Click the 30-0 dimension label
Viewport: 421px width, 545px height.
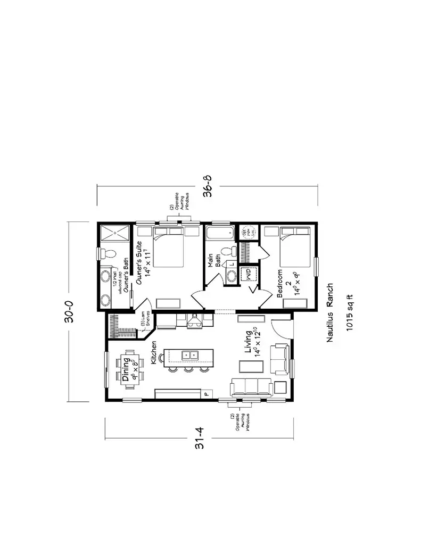[x=75, y=312]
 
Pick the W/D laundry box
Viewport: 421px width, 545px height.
[x=247, y=275]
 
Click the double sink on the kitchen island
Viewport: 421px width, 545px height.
[x=188, y=354]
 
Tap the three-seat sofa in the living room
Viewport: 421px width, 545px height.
[x=251, y=386]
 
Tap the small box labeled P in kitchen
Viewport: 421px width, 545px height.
[x=207, y=394]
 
